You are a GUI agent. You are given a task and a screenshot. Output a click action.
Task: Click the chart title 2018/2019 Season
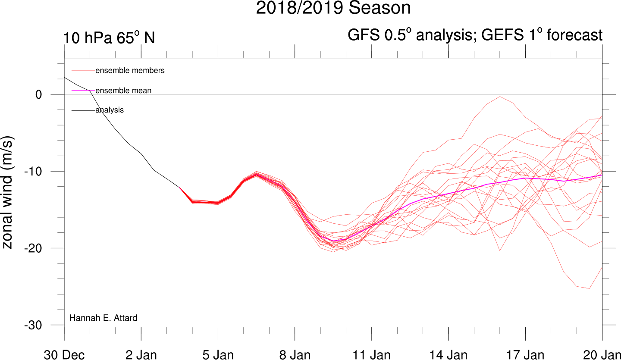(x=333, y=8)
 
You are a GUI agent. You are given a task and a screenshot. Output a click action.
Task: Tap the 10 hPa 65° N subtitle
(x=109, y=38)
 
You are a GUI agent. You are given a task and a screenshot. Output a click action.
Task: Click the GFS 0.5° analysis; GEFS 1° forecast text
(x=475, y=35)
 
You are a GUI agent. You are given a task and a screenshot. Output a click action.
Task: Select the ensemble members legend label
(x=130, y=70)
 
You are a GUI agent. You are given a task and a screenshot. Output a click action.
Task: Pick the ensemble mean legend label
(x=123, y=91)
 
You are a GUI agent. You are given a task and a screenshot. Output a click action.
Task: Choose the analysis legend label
(x=110, y=110)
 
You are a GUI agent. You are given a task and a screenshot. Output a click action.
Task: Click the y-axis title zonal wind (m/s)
(x=7, y=192)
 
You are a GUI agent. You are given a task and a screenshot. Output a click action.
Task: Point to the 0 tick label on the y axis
(x=38, y=94)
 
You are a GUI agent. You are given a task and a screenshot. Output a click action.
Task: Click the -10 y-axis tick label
(x=33, y=172)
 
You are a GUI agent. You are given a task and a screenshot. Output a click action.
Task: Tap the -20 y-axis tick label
(x=33, y=248)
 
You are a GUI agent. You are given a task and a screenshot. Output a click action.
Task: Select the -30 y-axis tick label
(x=33, y=325)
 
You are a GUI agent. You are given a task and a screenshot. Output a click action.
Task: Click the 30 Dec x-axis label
(x=64, y=355)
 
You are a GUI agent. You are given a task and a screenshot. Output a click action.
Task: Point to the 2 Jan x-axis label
(x=141, y=355)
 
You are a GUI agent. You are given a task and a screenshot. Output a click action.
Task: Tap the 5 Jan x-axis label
(x=218, y=355)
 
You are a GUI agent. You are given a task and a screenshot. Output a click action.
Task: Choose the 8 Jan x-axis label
(x=295, y=355)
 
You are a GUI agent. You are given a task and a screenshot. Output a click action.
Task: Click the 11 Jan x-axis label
(x=371, y=355)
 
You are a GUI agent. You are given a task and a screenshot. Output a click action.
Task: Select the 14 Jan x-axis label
(x=448, y=355)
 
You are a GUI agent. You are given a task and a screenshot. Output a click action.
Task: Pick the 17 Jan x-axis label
(x=525, y=355)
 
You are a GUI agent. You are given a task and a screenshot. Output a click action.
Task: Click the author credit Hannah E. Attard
(x=103, y=318)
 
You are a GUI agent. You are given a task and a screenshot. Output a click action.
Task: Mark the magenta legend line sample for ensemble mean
(x=83, y=91)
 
